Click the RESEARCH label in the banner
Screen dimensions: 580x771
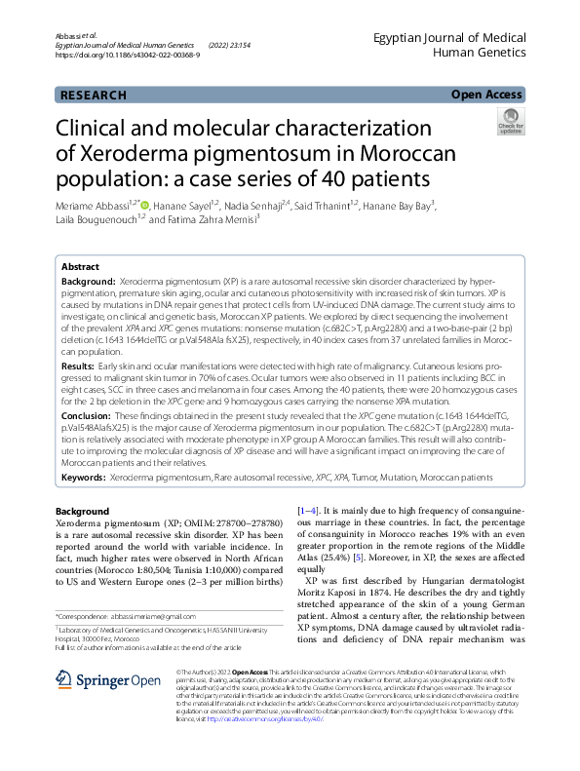[x=93, y=96]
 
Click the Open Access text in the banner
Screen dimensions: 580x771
[x=487, y=95]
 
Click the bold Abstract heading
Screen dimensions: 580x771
[x=80, y=266]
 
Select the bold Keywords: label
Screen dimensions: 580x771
[x=83, y=478]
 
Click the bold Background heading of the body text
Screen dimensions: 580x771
[x=82, y=511]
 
